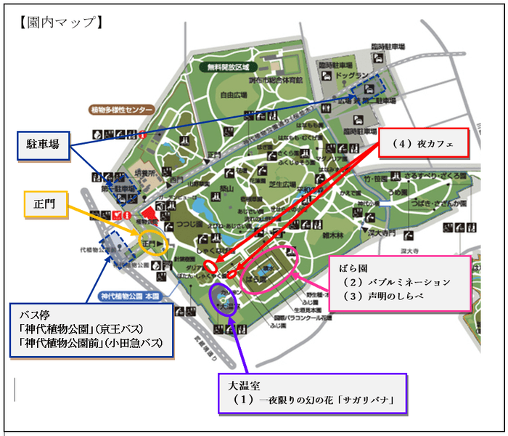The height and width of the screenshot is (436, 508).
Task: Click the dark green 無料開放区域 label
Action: coord(228,67)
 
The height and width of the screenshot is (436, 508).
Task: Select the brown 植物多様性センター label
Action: coord(122,110)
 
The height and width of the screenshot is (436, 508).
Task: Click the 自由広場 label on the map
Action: coord(234,94)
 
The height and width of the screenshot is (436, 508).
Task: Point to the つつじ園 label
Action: coord(191,225)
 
